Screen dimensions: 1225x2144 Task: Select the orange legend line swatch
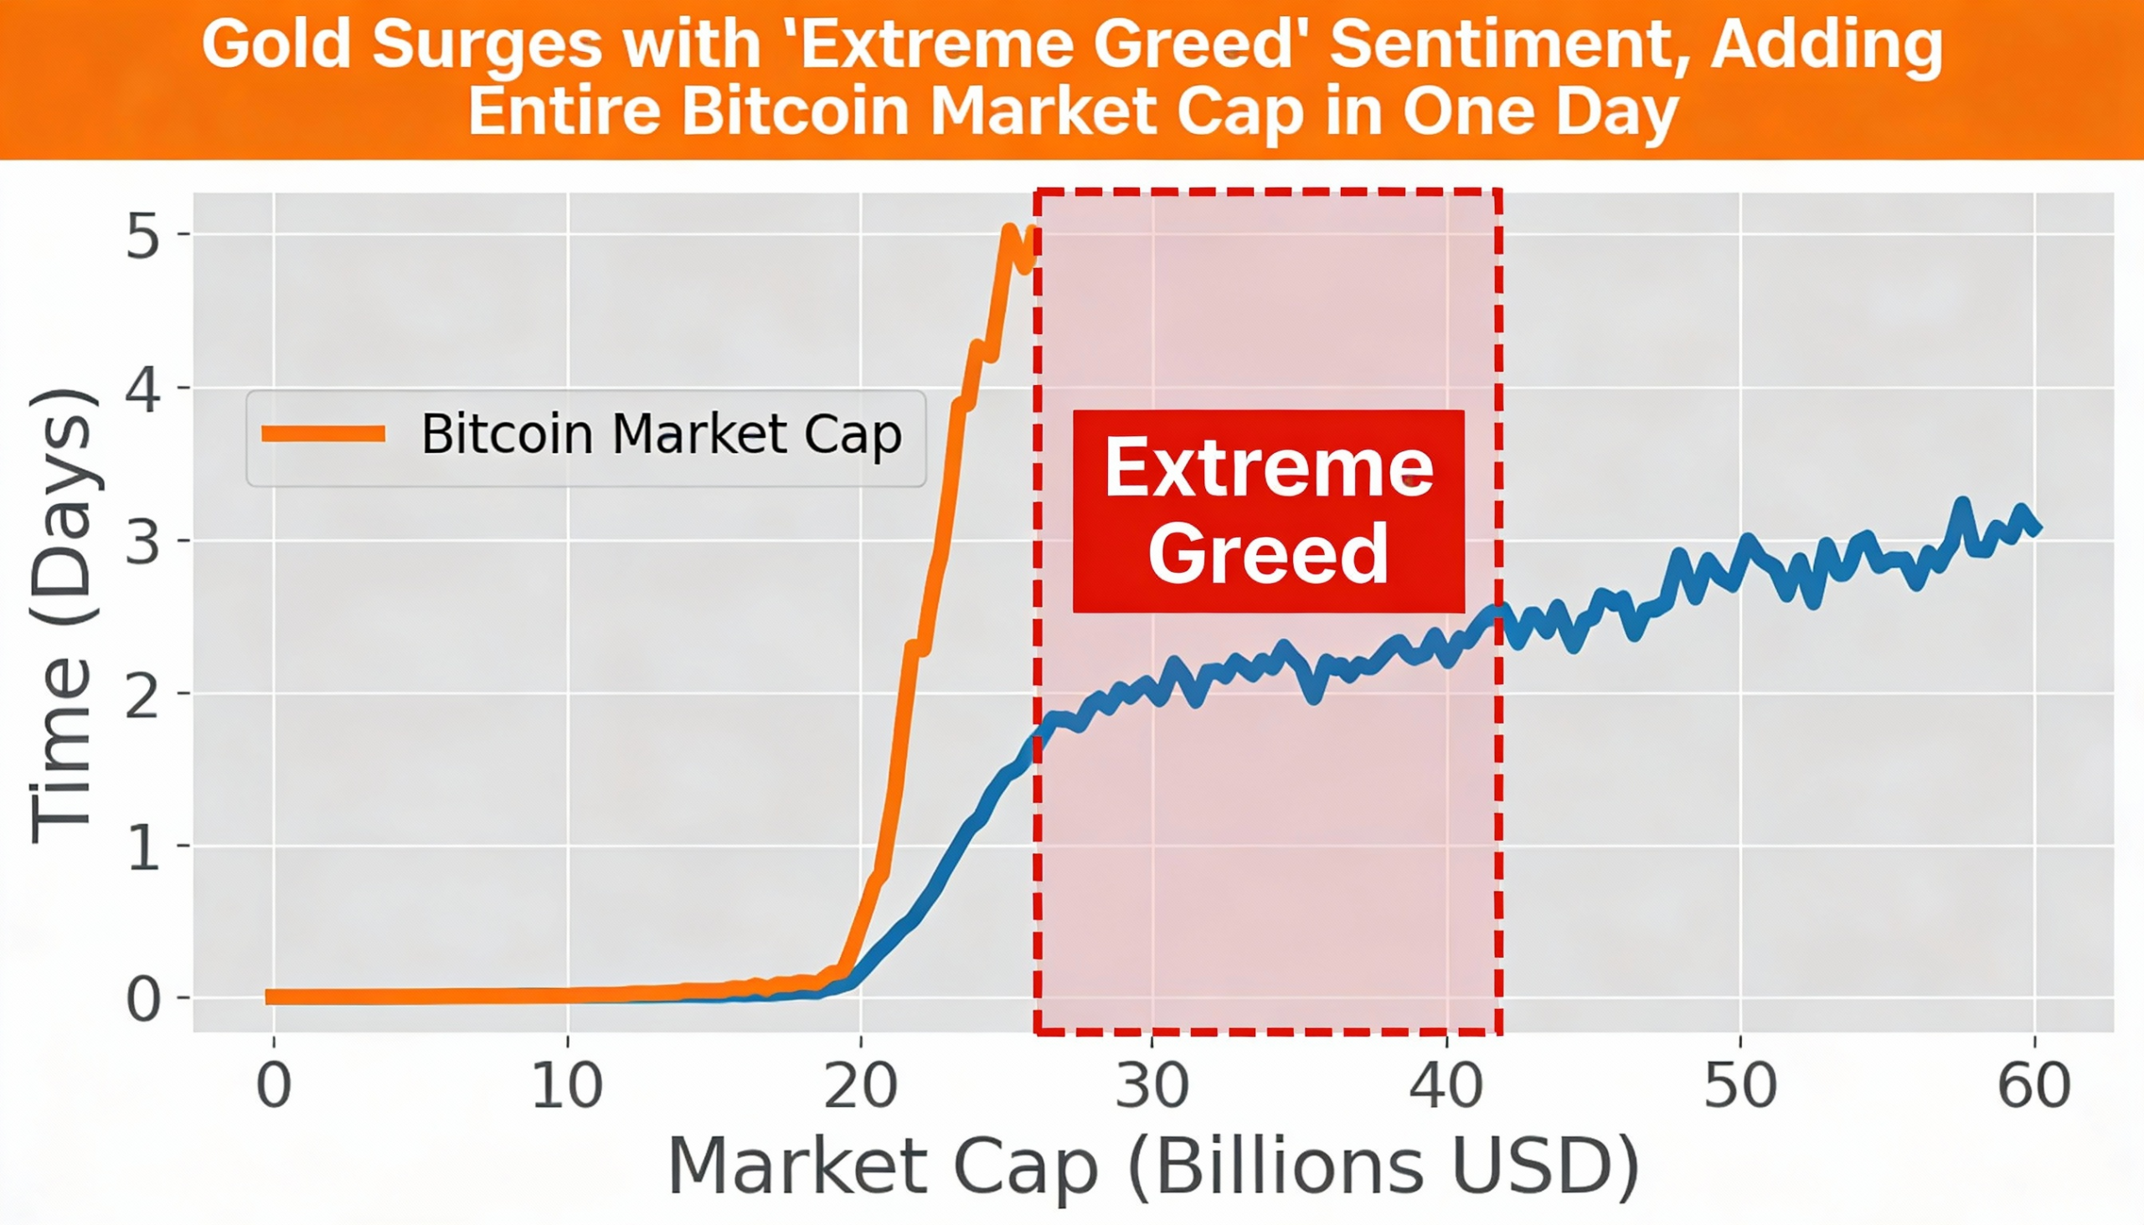pos(324,434)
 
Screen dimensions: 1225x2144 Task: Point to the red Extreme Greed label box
pos(1268,511)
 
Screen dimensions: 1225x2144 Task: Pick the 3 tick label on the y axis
pos(143,542)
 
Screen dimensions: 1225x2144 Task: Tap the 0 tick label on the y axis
pos(143,1001)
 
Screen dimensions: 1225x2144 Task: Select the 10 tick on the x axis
pos(568,1086)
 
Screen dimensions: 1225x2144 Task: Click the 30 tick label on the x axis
pos(1152,1086)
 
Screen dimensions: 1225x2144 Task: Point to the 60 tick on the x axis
pos(2033,1086)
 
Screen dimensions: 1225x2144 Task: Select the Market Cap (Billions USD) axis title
pos(1153,1167)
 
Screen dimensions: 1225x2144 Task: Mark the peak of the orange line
pos(1009,229)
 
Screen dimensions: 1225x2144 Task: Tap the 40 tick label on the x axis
pos(1446,1086)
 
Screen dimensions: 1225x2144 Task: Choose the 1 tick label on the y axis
pos(143,847)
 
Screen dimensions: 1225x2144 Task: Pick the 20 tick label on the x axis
pos(860,1086)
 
